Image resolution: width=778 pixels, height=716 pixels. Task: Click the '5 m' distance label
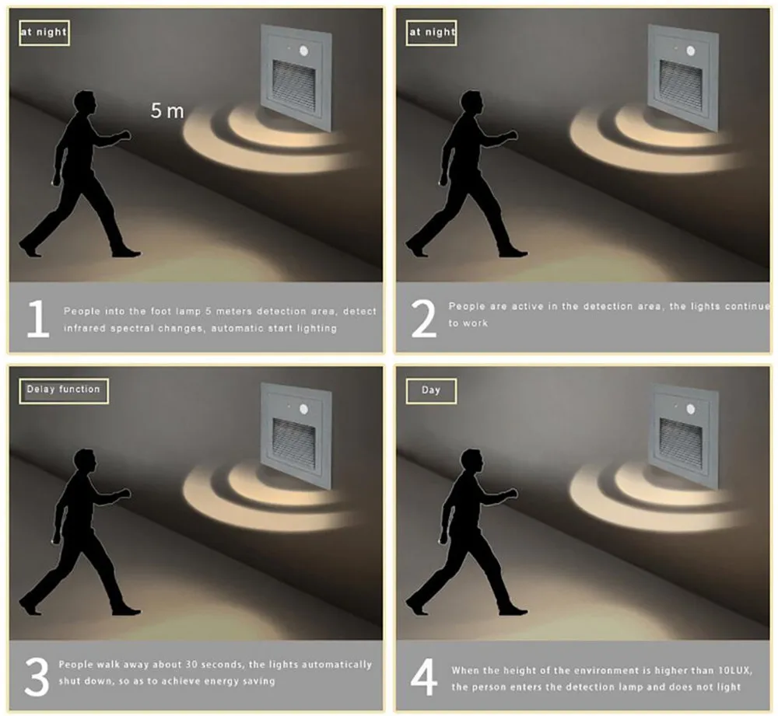pyautogui.click(x=167, y=110)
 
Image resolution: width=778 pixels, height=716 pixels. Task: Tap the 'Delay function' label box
pyautogui.click(x=64, y=391)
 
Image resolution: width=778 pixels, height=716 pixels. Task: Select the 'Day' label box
pyautogui.click(x=431, y=391)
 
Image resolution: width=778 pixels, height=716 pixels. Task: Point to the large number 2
pyautogui.click(x=423, y=318)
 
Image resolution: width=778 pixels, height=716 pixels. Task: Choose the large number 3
pyautogui.click(x=37, y=677)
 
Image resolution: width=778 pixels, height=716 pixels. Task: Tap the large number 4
pyautogui.click(x=424, y=677)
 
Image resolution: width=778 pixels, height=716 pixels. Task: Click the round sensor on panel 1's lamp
pyautogui.click(x=303, y=51)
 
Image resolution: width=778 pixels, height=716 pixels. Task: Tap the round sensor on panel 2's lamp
pyautogui.click(x=690, y=51)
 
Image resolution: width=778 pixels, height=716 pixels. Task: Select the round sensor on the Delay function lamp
pyautogui.click(x=303, y=409)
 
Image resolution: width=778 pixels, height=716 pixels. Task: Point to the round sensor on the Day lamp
pyautogui.click(x=690, y=409)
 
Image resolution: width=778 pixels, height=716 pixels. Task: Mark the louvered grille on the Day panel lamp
pyautogui.click(x=681, y=445)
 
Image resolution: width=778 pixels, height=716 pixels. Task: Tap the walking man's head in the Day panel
pyautogui.click(x=471, y=461)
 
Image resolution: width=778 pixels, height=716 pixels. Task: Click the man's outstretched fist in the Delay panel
pyautogui.click(x=124, y=493)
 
